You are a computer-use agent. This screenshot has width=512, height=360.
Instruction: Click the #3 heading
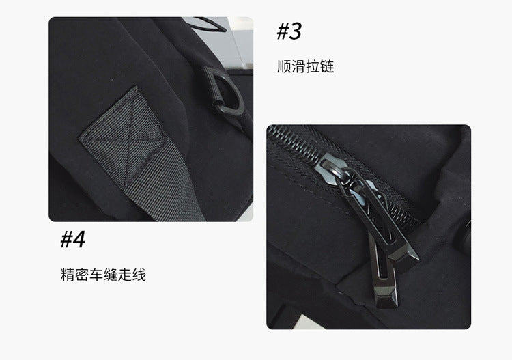289,31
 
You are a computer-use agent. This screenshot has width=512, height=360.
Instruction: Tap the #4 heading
73,239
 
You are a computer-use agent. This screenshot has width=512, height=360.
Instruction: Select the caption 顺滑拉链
306,66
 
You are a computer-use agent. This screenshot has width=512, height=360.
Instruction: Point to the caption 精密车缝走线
103,275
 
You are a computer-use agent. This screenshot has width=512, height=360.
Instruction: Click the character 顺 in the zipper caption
284,66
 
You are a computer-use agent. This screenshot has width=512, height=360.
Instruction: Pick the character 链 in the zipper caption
327,66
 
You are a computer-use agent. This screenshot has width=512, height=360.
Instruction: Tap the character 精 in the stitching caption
68,275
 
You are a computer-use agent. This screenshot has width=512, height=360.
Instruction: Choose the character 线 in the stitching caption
139,275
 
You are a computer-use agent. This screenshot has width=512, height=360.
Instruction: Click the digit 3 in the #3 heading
295,31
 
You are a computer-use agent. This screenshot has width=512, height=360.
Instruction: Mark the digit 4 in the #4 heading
79,239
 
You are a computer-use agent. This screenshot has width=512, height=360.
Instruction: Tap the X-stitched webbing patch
124,137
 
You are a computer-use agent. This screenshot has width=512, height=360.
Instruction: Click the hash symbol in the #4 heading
66,240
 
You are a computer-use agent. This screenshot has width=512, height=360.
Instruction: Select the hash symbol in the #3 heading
283,31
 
